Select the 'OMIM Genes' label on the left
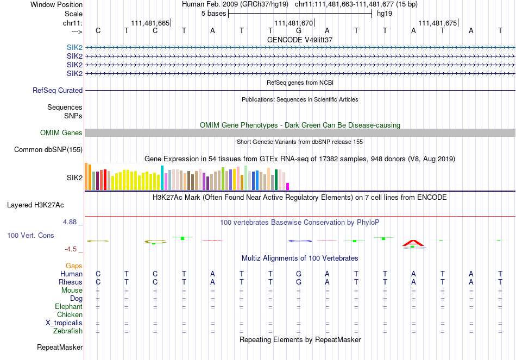61,133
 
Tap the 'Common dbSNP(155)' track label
48,150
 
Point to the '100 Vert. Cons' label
30,236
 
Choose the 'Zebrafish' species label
68,331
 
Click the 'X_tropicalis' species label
64,323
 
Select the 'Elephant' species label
68,306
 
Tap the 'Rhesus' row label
71,282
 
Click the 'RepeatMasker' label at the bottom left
60,347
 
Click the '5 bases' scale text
213,14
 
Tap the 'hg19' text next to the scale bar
385,14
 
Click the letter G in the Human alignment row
299,274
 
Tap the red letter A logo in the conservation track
413,243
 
